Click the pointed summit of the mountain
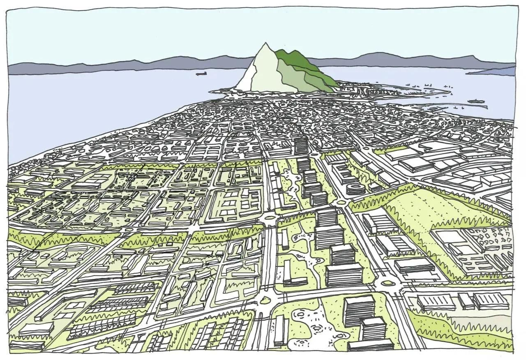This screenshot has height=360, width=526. click(265, 44)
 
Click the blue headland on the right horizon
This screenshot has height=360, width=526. click(493, 71)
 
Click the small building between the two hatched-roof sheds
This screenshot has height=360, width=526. click(466, 301)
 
